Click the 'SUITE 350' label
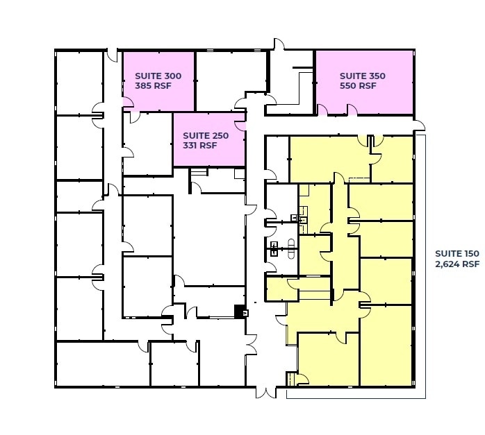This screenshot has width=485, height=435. (362, 76)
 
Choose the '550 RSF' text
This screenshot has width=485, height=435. (358, 86)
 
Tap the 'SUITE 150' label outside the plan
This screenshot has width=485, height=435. (457, 253)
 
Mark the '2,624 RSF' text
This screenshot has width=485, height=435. (457, 264)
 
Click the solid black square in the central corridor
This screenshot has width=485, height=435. (239, 311)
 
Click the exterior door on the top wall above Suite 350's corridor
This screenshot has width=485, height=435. (278, 45)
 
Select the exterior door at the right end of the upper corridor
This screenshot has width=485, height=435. (419, 125)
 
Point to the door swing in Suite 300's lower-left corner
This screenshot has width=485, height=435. (128, 103)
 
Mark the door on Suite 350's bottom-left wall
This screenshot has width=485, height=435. (323, 110)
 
